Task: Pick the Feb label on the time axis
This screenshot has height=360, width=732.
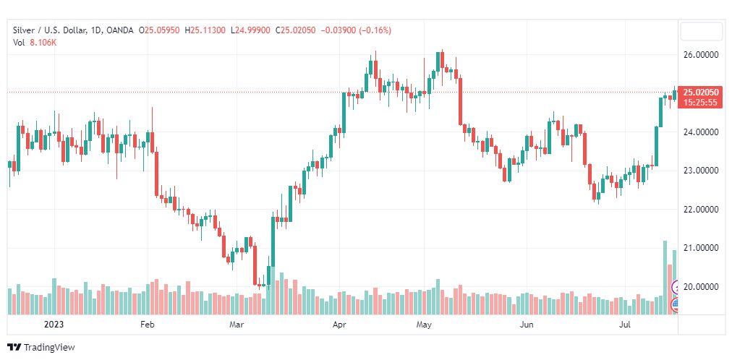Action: point(148,325)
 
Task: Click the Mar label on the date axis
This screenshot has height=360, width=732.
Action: point(236,325)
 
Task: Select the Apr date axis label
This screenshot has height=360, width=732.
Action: point(339,325)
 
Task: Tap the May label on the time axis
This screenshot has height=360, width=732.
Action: point(424,325)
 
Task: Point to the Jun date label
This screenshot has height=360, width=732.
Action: point(527,325)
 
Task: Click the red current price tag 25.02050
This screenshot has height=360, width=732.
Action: point(701,93)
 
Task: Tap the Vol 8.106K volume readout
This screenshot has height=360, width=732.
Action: point(35,43)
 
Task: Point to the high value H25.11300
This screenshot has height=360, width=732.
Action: point(206,30)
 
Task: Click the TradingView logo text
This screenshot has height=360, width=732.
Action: point(49,348)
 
